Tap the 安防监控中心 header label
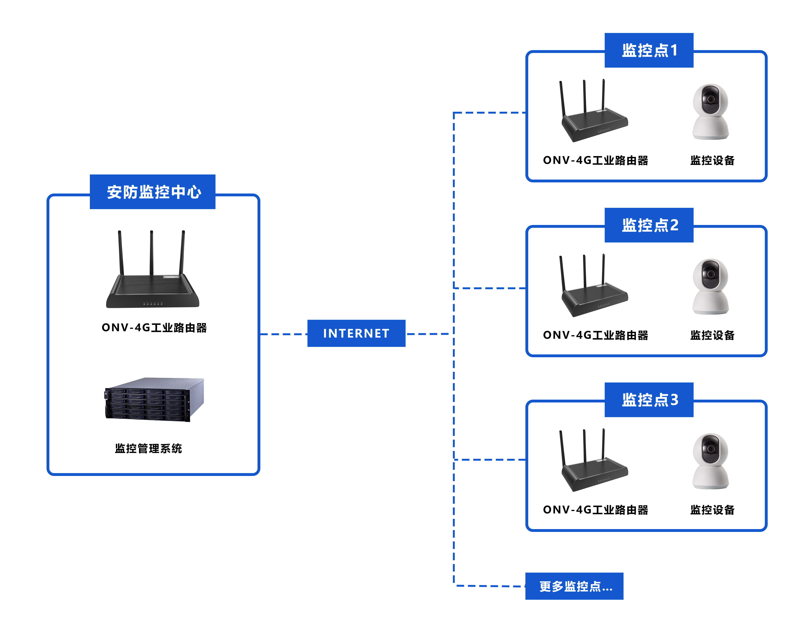tap(153, 192)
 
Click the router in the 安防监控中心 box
tap(153, 286)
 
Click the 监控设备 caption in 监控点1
tap(712, 161)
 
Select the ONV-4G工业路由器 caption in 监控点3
tap(595, 510)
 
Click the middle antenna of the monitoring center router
tap(152, 253)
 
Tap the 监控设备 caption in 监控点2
tap(712, 335)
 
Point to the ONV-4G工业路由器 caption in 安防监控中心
tap(154, 328)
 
